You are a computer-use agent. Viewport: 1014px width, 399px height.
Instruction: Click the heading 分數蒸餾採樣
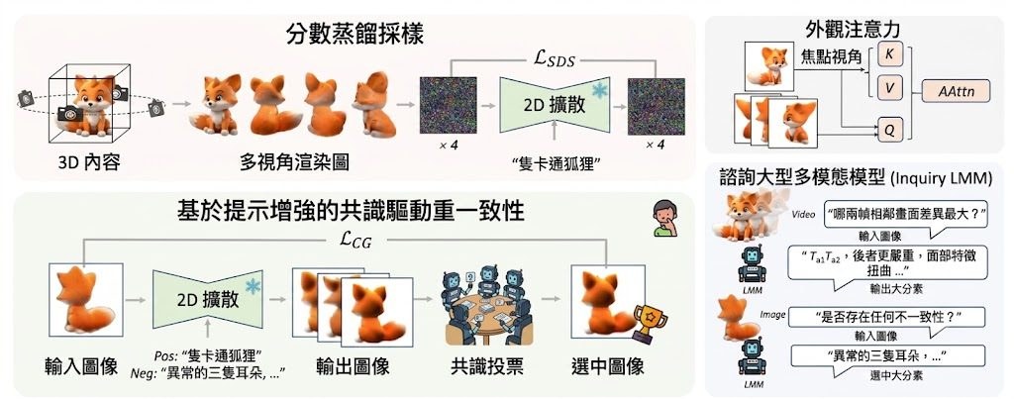[x=355, y=34]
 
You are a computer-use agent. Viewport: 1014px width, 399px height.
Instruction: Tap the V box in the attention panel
[x=888, y=88]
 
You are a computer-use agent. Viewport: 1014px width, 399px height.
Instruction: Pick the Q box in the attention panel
[x=888, y=130]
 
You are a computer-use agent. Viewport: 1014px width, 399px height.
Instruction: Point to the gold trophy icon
[x=649, y=322]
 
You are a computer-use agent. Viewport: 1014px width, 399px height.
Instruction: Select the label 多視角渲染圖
[x=293, y=161]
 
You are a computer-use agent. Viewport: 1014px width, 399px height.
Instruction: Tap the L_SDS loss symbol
[x=553, y=62]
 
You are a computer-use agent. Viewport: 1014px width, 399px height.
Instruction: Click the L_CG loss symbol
[x=355, y=241]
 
